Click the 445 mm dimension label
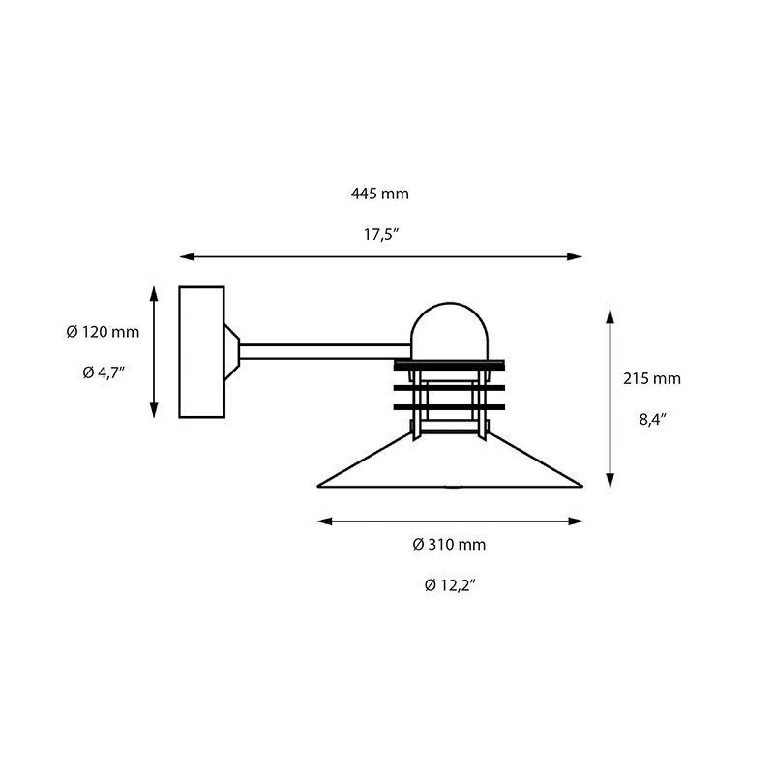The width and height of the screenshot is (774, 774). click(379, 193)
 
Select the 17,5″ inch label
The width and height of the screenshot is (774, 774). click(379, 234)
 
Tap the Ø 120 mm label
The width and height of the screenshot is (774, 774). click(103, 332)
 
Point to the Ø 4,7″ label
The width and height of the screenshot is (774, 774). click(103, 372)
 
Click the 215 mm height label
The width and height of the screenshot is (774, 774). click(651, 378)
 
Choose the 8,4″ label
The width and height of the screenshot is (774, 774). click(651, 419)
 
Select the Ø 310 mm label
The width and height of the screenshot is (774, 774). click(449, 545)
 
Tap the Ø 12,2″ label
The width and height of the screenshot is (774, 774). click(449, 585)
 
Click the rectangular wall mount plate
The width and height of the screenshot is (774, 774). click(201, 352)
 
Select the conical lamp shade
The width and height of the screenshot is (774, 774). click(451, 464)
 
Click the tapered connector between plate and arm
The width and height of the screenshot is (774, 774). click(232, 352)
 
